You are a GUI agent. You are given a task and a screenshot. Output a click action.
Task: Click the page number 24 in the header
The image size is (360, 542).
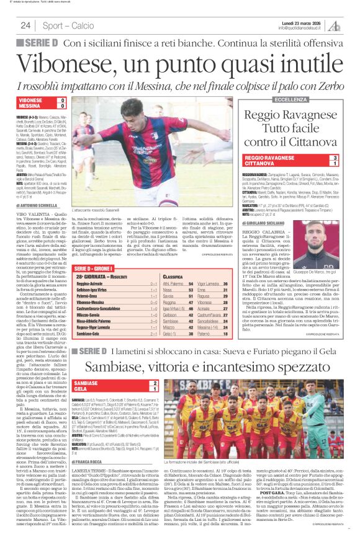tap(25, 25)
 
